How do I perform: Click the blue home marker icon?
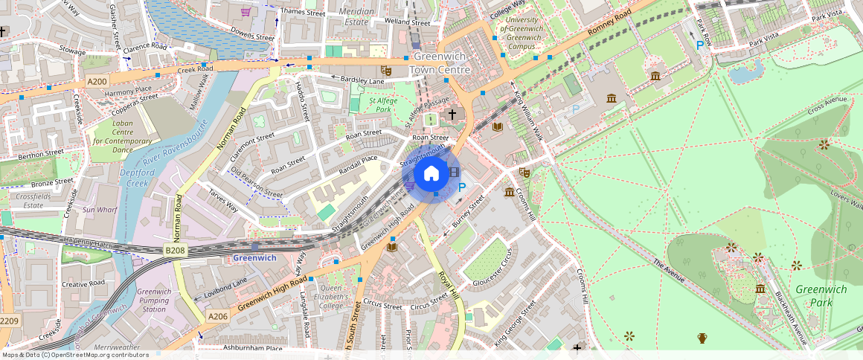click(x=431, y=175)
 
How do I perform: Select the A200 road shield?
click(x=97, y=81)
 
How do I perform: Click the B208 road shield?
click(x=174, y=251)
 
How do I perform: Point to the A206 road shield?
click(x=217, y=316)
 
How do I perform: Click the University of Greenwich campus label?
click(x=522, y=28)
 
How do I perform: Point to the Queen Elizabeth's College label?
click(x=332, y=297)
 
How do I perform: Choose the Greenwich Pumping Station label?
click(x=154, y=300)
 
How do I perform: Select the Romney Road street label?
click(x=609, y=23)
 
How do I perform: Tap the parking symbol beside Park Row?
click(x=699, y=45)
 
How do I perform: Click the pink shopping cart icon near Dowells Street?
click(x=246, y=12)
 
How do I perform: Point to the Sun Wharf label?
click(x=100, y=210)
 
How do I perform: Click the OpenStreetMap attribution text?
click(x=74, y=355)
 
